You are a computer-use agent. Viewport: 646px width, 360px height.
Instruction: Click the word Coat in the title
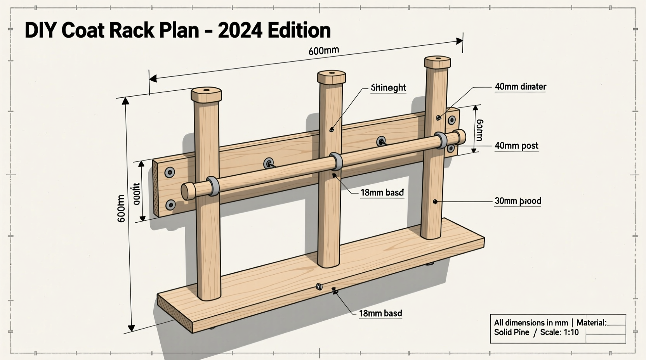83,30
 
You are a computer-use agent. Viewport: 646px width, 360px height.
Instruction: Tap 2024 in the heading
240,30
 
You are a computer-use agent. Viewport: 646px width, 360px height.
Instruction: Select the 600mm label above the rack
323,51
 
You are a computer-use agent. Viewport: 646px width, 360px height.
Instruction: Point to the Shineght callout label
388,88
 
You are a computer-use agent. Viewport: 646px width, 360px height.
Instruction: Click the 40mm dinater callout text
520,87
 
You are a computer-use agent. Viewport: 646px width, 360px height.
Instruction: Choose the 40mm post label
516,146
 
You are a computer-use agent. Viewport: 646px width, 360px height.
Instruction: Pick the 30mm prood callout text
517,201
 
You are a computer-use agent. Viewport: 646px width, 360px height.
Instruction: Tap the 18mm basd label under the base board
380,313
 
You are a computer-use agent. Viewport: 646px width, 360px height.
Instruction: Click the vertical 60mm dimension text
479,130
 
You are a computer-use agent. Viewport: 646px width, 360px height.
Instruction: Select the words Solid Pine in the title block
511,332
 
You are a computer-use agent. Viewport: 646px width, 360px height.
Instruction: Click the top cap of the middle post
331,76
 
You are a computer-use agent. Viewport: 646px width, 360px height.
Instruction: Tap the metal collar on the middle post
336,161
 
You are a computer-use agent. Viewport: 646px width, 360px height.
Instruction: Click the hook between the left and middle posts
269,164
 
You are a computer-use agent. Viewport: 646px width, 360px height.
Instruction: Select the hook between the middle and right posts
381,141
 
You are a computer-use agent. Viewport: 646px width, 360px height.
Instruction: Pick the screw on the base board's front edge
320,287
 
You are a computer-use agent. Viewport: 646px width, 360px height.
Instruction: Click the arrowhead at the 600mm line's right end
460,41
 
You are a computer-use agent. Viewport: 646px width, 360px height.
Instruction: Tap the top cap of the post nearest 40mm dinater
437,62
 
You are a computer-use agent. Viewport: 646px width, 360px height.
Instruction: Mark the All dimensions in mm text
530,323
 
